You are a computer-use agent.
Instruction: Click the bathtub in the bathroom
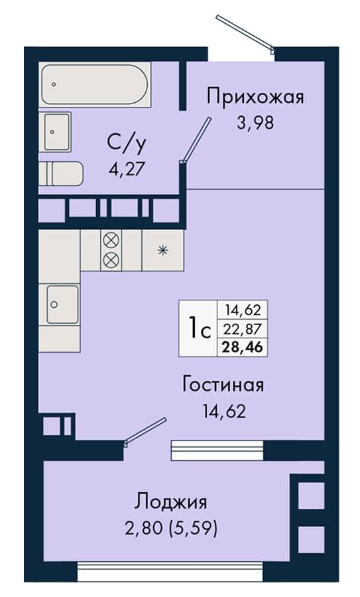point(95,84)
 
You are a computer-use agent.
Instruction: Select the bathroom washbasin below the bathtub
point(55,132)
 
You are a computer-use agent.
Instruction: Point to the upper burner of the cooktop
point(111,241)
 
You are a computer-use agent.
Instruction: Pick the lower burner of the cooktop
point(111,259)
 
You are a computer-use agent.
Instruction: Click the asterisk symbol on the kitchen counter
point(163,250)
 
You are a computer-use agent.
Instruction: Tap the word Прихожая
point(255,97)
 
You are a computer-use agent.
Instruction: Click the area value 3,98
point(255,123)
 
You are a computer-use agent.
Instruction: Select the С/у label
point(127,143)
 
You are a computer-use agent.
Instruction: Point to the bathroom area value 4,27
point(127,168)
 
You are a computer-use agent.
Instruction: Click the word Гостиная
point(223,385)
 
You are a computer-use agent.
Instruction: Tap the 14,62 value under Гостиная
point(224,412)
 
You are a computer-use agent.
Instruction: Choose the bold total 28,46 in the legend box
point(243,347)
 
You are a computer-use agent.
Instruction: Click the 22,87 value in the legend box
point(243,328)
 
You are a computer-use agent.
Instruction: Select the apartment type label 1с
point(199,328)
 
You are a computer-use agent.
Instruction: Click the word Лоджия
point(171,502)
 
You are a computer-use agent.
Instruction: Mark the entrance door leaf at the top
point(245,34)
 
